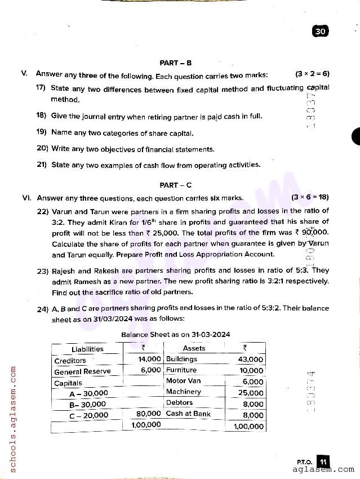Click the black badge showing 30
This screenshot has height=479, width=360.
[321, 32]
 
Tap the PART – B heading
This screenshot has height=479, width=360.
[175, 63]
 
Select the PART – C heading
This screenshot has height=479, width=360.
[175, 185]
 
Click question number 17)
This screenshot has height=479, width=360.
[41, 88]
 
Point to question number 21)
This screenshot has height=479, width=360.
[41, 165]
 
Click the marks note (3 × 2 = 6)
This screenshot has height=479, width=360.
[312, 74]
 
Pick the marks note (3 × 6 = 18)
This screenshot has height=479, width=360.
[310, 198]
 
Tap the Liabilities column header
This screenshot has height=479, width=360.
[87, 349]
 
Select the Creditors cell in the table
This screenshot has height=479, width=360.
[70, 361]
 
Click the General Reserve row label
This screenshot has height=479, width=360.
[82, 371]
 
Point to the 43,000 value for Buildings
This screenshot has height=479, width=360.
[251, 360]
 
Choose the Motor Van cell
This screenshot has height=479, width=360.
[183, 381]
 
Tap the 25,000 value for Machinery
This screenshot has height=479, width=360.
[251, 393]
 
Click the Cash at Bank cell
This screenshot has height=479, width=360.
[188, 414]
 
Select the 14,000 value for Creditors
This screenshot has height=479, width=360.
[149, 359]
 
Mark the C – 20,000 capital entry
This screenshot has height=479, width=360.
[88, 415]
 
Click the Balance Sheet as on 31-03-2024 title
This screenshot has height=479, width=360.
[175, 335]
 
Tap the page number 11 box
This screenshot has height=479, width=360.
[323, 462]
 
